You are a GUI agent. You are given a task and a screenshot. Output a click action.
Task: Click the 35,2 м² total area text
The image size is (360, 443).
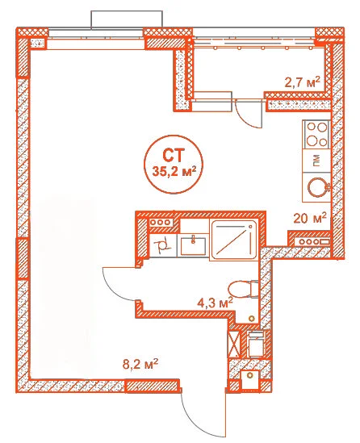tap(174, 172)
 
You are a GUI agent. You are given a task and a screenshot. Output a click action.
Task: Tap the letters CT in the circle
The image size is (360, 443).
tap(174, 156)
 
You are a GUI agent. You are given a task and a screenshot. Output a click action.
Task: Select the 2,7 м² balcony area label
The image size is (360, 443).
tap(302, 82)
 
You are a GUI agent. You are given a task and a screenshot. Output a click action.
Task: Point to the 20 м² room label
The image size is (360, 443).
tap(310, 218)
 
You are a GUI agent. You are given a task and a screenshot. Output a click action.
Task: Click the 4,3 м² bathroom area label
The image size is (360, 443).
tap(215, 303)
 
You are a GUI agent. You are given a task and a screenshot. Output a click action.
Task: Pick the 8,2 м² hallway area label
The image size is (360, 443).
tap(140, 364)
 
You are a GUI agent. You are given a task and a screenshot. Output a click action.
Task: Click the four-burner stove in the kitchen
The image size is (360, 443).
tap(316, 135)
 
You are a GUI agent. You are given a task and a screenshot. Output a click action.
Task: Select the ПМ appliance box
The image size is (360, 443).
tap(316, 161)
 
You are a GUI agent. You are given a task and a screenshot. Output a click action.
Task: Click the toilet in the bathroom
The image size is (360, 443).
tap(243, 289)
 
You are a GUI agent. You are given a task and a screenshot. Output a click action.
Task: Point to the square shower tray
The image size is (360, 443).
tap(234, 240)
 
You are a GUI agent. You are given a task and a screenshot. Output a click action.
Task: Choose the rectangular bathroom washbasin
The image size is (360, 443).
tap(193, 245)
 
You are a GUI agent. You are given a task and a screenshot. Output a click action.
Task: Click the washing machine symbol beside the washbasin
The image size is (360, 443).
tap(163, 245)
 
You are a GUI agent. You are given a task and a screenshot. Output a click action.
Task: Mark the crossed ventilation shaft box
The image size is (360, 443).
tap(234, 344)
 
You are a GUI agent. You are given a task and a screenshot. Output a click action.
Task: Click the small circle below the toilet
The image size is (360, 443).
tap(251, 319)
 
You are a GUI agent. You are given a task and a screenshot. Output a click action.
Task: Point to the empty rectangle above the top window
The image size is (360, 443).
tap(127, 20)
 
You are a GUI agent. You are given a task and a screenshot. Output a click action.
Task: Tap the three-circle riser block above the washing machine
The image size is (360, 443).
tap(161, 222)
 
